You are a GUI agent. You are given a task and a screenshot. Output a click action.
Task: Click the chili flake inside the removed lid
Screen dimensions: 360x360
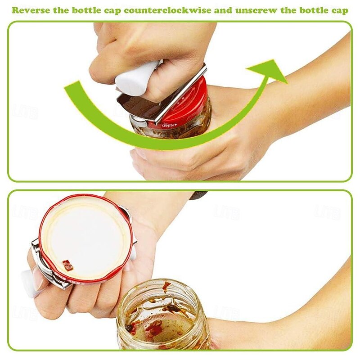tap(67, 265)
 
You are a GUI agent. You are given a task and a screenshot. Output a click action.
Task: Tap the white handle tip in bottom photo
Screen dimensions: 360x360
tap(28, 283)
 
